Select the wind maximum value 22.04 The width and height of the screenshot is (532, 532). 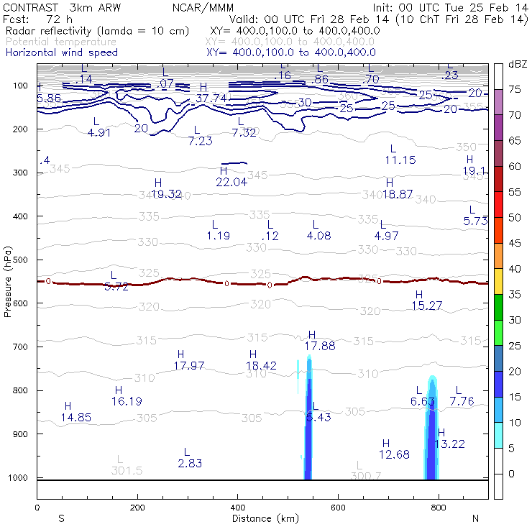(231, 182)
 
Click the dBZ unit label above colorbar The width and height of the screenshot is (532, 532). (518, 64)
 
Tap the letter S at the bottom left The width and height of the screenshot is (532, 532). (61, 518)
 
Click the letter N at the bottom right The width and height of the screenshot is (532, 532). (475, 518)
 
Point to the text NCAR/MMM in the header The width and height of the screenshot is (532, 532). (203, 6)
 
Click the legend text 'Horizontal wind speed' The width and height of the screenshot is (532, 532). (61, 52)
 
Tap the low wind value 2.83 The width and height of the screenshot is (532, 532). (190, 464)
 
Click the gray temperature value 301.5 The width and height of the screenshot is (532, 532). (127, 470)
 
